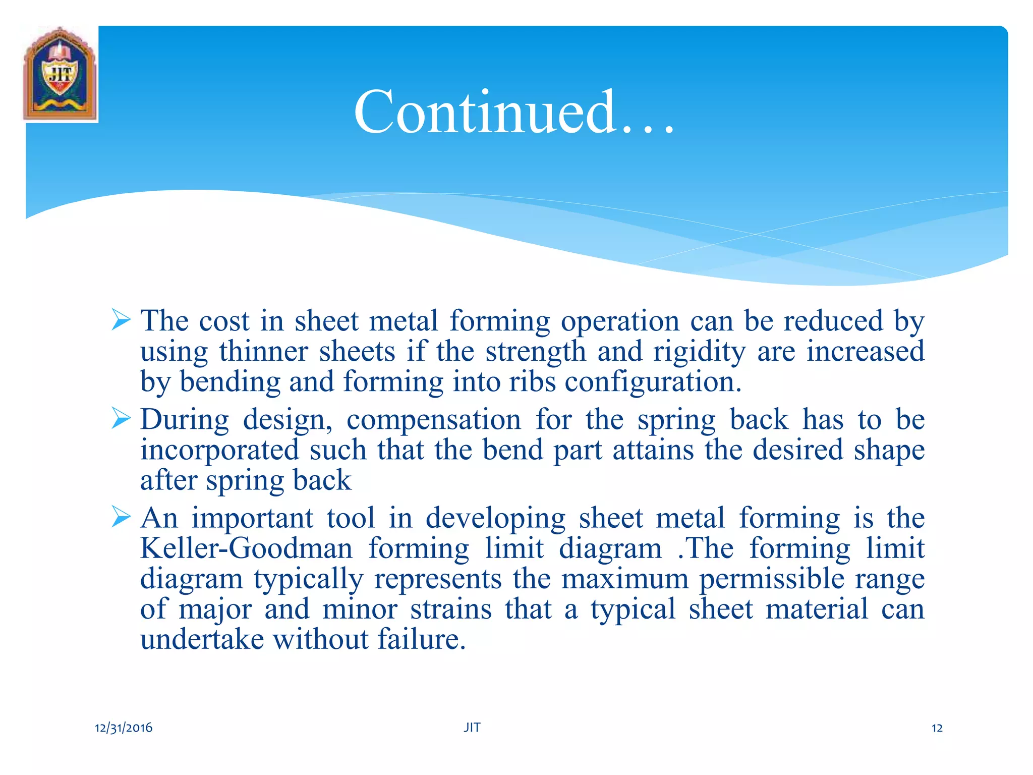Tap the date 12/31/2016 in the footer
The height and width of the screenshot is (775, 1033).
[124, 728]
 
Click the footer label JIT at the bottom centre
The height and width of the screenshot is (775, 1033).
[472, 727]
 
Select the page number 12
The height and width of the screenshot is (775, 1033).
[937, 728]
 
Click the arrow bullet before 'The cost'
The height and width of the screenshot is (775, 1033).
[121, 320]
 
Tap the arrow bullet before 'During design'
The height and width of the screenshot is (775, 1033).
[121, 418]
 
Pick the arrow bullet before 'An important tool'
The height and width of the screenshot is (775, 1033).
[121, 517]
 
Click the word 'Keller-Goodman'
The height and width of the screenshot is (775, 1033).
[247, 548]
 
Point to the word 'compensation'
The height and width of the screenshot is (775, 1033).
[433, 420]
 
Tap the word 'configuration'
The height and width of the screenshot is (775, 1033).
[653, 382]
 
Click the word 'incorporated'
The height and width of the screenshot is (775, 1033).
[219, 450]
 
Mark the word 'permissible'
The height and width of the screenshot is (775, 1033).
[771, 579]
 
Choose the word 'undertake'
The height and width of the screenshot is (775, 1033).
[202, 639]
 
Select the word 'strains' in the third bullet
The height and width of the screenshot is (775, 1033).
[450, 609]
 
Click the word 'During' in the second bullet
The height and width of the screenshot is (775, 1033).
[185, 420]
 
